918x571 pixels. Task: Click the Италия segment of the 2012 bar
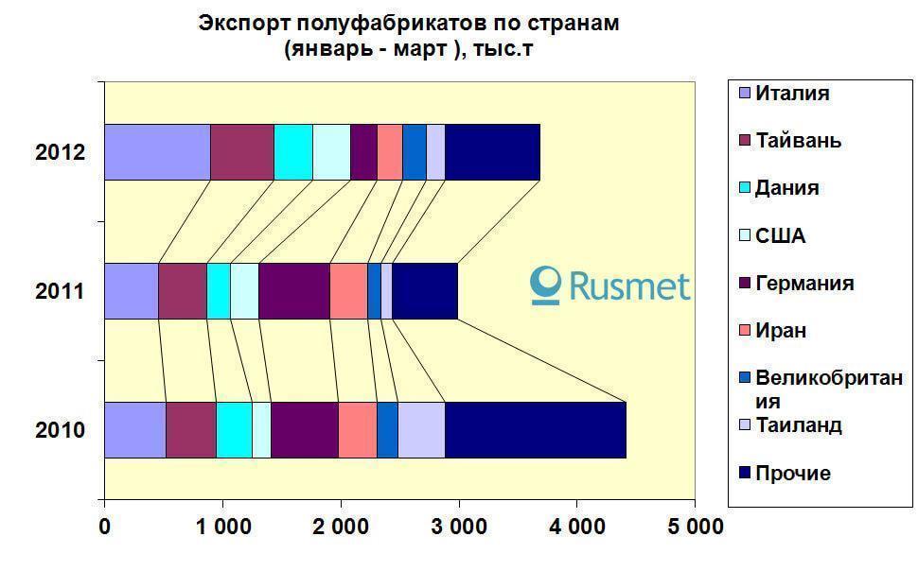[x=157, y=151]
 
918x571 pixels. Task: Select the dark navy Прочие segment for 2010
[x=535, y=429]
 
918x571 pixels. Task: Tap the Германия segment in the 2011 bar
[x=293, y=290]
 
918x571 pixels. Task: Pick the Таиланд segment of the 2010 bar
[x=421, y=429]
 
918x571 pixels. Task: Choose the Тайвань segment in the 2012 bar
[x=241, y=151]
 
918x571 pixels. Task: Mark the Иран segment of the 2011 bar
[x=348, y=290]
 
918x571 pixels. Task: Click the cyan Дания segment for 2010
[x=234, y=429]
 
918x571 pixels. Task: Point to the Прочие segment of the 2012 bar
[x=492, y=151]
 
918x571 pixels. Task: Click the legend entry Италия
[x=792, y=94]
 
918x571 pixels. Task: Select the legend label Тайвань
[x=798, y=141]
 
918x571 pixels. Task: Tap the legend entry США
[x=780, y=235]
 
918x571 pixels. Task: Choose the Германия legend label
[x=803, y=284]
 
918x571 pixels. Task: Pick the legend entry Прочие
[x=792, y=473]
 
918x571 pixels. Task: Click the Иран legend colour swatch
[x=742, y=331]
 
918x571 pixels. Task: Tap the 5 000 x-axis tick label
[x=694, y=526]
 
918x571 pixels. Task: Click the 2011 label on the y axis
[x=61, y=291]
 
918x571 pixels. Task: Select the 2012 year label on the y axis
[x=61, y=152]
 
